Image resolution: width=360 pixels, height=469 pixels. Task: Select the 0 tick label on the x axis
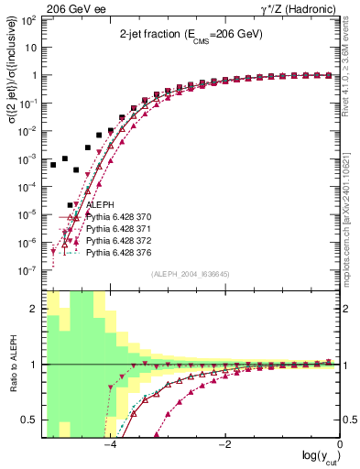[340, 444]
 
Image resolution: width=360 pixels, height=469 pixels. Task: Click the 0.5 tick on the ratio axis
[32, 420]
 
